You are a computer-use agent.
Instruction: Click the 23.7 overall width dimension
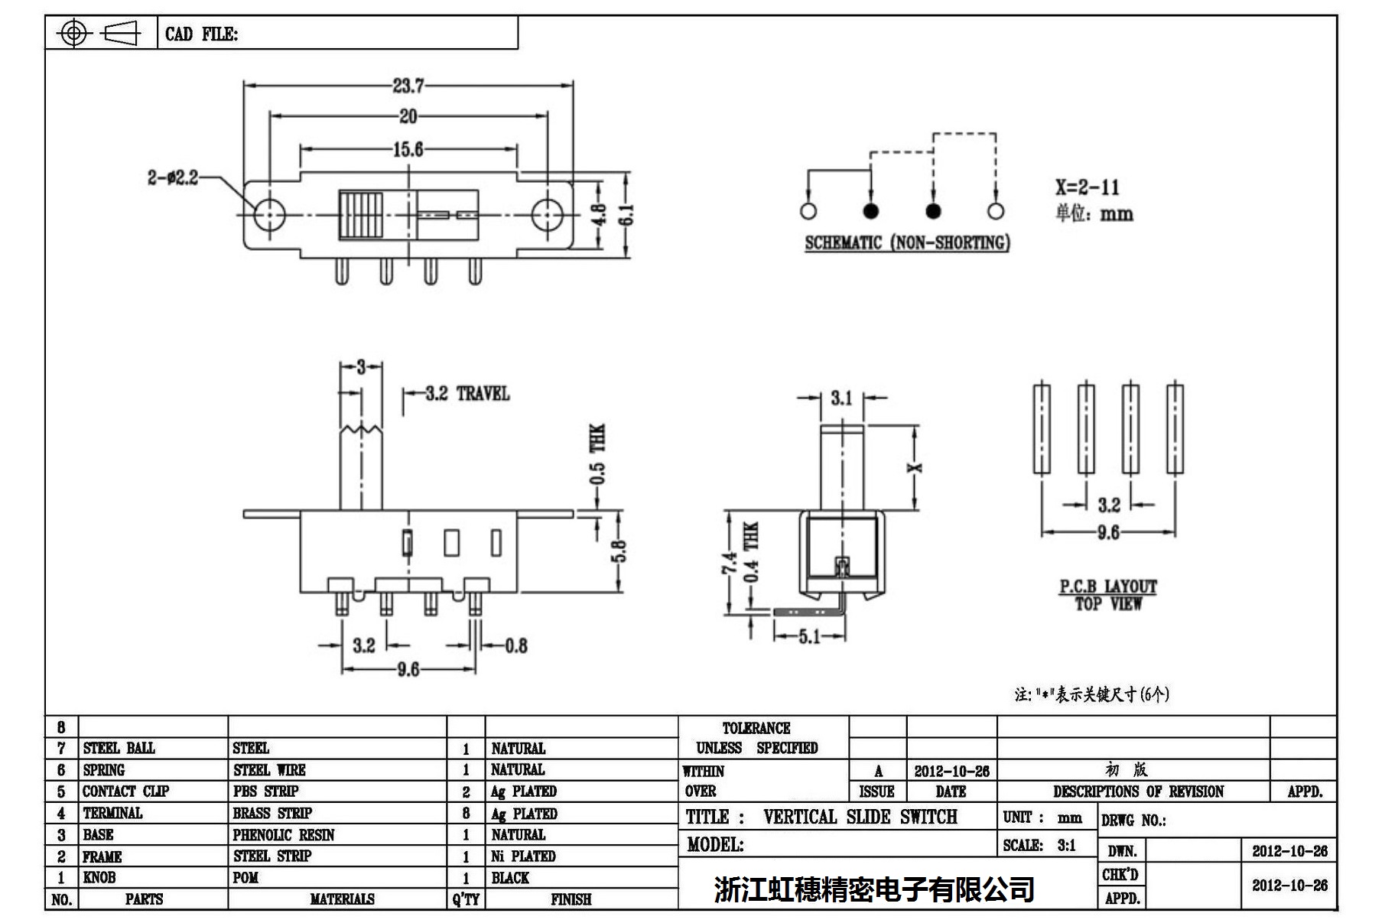[x=408, y=86]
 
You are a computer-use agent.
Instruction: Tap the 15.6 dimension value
[x=408, y=149]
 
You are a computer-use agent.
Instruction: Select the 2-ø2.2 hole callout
[x=173, y=178]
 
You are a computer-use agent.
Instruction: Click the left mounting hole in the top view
[x=268, y=215]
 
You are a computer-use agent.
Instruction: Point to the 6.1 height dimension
[x=626, y=215]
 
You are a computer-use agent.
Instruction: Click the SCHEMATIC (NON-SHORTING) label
[x=907, y=243]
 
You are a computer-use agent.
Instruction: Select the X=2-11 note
[x=1087, y=187]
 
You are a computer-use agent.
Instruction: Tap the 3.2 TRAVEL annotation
[x=467, y=394]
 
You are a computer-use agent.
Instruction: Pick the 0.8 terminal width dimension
[x=516, y=646]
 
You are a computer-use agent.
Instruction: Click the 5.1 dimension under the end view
[x=809, y=636]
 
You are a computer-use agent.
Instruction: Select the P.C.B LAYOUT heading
[x=1107, y=587]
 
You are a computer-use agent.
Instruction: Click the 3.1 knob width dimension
[x=841, y=398]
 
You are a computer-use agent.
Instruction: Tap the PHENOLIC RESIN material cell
[x=284, y=835]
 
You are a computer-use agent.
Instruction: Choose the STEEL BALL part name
[x=119, y=748]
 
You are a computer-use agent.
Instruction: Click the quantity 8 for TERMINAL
[x=466, y=814]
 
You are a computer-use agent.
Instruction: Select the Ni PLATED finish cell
[x=523, y=856]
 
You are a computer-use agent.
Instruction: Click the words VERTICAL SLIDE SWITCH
[x=860, y=817]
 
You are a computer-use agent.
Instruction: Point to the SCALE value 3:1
[x=1066, y=846]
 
